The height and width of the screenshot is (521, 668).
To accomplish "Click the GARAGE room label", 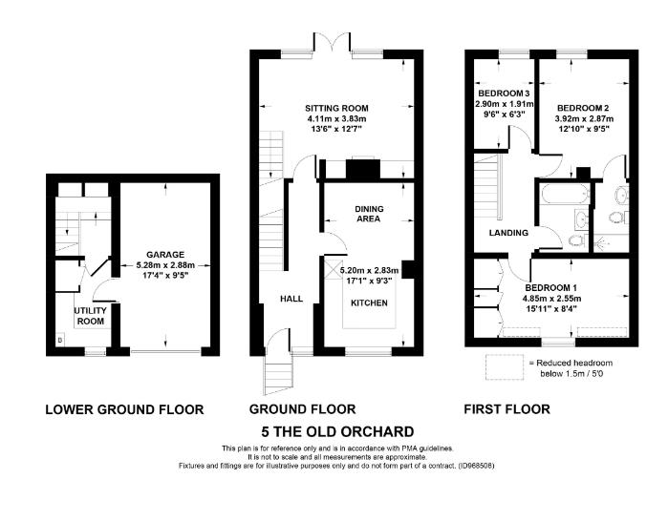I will click(x=163, y=255).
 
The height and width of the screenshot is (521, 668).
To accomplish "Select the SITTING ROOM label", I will click(x=336, y=108).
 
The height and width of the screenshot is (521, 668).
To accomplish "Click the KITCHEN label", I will click(x=369, y=302).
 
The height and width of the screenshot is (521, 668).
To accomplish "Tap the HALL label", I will click(x=291, y=299).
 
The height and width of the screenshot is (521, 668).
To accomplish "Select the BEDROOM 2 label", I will click(x=583, y=107).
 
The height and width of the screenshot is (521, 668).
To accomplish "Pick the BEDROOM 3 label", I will click(x=504, y=93).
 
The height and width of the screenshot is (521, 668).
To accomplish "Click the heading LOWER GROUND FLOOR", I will click(x=124, y=409).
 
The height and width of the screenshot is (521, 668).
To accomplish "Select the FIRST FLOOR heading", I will click(x=506, y=409).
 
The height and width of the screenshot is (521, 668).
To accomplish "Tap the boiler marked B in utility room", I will click(x=60, y=339).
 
